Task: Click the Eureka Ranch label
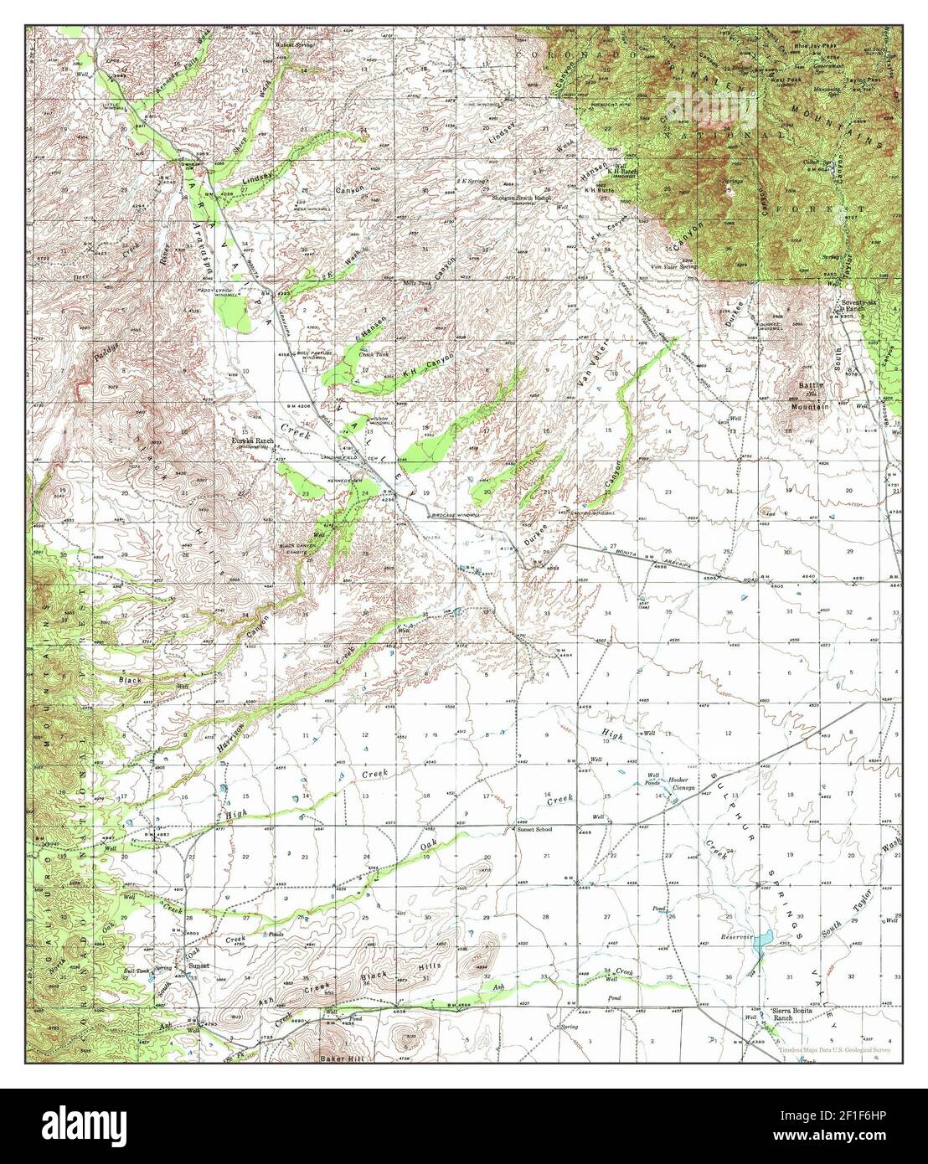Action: click(x=254, y=439)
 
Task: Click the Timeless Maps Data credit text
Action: click(x=833, y=1049)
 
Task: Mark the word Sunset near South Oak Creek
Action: click(x=198, y=966)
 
